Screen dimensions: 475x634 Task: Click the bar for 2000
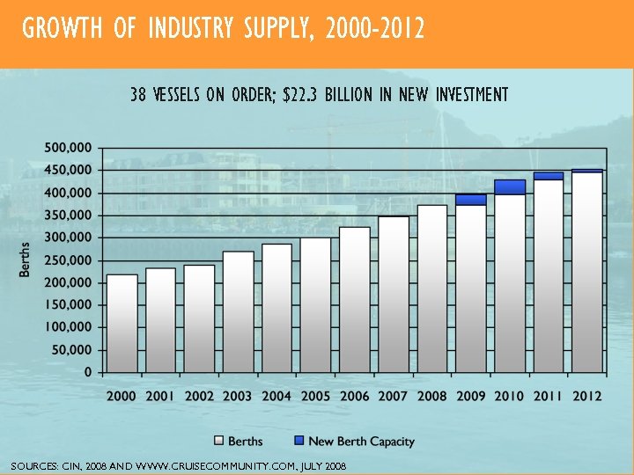point(122,323)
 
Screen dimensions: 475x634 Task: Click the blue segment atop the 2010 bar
point(510,186)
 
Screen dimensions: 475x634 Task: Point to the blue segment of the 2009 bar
point(471,200)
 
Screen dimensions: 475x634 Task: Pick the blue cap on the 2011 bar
point(549,176)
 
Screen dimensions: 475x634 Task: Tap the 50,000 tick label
point(71,349)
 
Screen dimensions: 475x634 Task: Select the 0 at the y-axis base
point(88,372)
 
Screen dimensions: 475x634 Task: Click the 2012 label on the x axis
point(586,396)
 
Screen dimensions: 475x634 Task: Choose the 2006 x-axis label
point(354,396)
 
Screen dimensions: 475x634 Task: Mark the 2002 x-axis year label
point(199,396)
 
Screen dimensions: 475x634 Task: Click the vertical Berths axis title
point(26,259)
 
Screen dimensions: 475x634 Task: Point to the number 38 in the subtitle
point(138,94)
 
